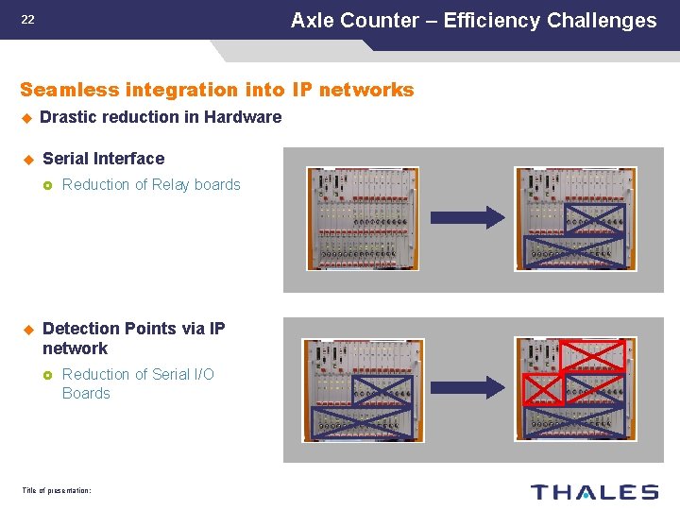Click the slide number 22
27,20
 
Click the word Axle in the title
314,21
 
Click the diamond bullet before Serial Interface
28,159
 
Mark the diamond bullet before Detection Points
28,329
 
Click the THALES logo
594,491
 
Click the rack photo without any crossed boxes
362,219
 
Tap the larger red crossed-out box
592,355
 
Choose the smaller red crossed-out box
542,388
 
